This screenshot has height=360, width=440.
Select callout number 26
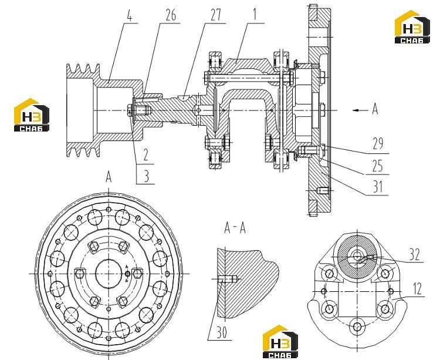point(171,15)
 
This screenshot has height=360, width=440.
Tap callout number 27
point(216,15)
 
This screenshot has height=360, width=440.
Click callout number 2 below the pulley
point(145,154)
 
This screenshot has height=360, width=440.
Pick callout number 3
point(146,176)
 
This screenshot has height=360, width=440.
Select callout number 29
point(378,144)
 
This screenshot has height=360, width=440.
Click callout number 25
point(377,166)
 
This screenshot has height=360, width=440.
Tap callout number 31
point(377,186)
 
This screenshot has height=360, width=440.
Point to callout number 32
point(414,255)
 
